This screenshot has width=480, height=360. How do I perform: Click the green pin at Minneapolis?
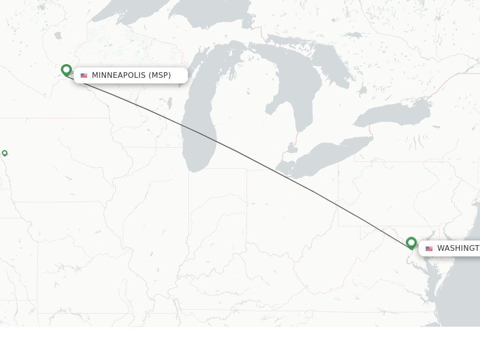[x=66, y=70]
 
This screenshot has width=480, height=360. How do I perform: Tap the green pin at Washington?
[x=411, y=242]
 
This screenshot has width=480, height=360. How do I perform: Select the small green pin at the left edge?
[x=5, y=153]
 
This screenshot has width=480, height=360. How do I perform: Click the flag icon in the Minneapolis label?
[x=84, y=75]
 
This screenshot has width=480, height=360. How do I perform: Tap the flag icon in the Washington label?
[x=429, y=248]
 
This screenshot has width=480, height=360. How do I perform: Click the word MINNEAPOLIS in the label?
[x=119, y=75]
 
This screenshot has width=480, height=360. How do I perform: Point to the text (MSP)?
[x=160, y=75]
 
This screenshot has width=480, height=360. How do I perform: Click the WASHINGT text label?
[x=458, y=248]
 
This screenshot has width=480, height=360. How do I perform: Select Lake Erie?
[x=323, y=155]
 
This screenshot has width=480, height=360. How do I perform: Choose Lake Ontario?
[x=394, y=115]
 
